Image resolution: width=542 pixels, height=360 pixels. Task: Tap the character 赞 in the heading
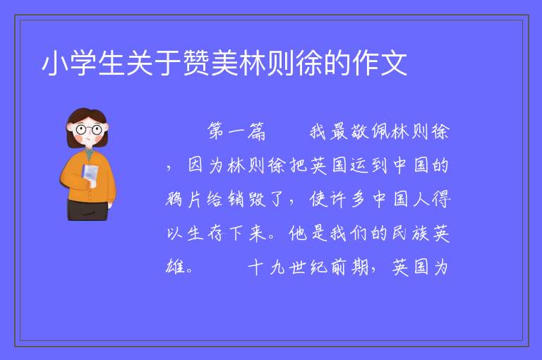point(195,63)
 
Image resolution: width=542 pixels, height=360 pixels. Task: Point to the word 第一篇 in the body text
point(236,132)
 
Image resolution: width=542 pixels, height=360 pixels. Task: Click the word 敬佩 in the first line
point(372,132)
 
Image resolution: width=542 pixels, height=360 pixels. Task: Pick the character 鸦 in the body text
point(174,199)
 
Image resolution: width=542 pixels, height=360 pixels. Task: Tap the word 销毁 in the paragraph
point(247,199)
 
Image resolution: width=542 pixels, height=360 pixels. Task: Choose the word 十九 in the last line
point(266,267)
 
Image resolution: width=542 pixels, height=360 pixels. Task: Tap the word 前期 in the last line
point(349,267)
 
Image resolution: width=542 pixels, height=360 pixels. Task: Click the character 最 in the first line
point(339,132)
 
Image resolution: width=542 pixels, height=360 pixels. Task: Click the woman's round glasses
point(89,130)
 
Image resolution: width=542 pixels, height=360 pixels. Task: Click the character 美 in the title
point(224,63)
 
